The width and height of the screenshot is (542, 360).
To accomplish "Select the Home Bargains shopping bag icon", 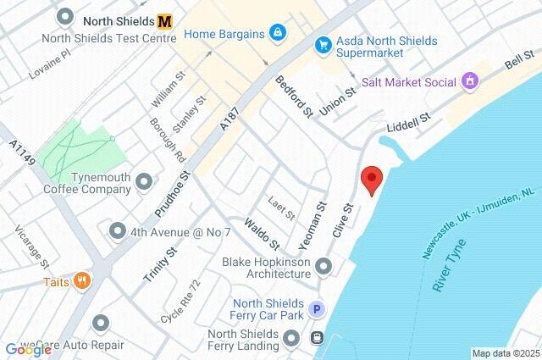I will [277, 33].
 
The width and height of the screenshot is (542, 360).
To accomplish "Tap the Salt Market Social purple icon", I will [470, 82].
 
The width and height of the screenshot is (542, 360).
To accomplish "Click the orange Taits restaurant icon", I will [81, 280].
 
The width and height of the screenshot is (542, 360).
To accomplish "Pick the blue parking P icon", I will [317, 310].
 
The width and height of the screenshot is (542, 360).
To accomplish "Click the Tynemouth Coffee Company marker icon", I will [143, 181].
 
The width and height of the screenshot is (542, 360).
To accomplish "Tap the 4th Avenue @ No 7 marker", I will [118, 230].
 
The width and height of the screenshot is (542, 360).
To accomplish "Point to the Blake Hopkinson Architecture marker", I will [323, 268].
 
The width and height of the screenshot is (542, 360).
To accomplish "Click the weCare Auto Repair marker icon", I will [101, 323].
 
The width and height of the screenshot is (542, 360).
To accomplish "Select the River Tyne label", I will [450, 267].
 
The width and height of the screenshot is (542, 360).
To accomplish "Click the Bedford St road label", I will [294, 95].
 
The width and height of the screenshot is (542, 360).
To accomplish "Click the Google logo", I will [28, 348].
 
